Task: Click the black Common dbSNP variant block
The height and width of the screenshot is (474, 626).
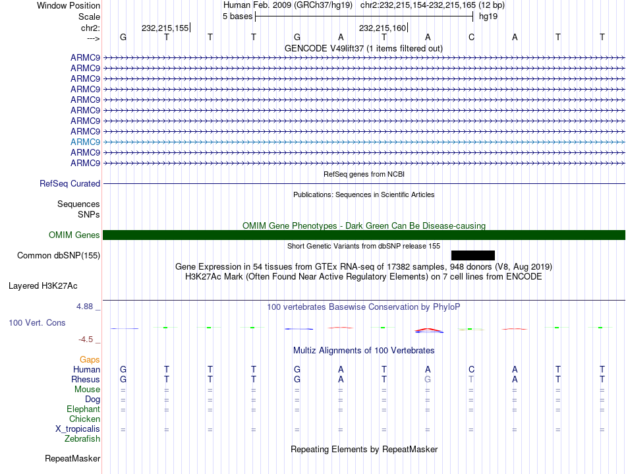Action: [472, 255]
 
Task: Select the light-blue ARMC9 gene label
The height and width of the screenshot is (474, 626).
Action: [85, 142]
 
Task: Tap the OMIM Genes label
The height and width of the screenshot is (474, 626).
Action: [74, 235]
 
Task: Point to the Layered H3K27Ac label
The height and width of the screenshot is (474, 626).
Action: [43, 286]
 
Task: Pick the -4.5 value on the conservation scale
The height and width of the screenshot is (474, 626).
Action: [88, 340]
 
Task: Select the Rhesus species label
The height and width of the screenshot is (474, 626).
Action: [86, 380]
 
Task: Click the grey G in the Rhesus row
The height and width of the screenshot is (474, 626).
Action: [428, 380]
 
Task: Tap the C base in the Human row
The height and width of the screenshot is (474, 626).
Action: [471, 370]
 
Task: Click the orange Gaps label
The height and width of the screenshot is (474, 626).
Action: [90, 360]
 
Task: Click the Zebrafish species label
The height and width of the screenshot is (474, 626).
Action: [82, 439]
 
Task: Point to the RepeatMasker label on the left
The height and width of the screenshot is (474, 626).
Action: [72, 458]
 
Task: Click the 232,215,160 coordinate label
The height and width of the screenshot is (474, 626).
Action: [382, 28]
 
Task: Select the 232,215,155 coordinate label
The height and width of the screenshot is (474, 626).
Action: [165, 28]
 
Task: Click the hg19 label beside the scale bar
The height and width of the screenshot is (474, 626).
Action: [488, 16]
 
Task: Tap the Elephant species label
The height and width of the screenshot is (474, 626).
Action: [83, 409]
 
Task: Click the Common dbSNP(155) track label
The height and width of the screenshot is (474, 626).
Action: [59, 255]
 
